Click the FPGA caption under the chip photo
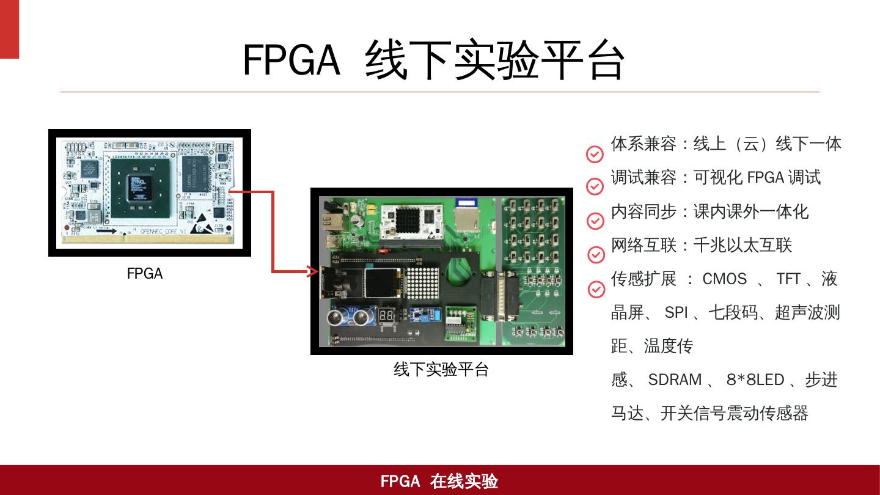[145, 274]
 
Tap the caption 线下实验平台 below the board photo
[441, 370]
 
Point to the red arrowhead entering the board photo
[313, 271]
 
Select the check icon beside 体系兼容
[595, 154]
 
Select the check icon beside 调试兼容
[595, 186]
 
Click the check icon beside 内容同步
[595, 220]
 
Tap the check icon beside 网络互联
[595, 254]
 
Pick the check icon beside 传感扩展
[596, 289]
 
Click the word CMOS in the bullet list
[724, 279]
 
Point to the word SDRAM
[675, 380]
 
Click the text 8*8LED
[755, 380]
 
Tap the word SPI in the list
[676, 313]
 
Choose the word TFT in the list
[788, 279]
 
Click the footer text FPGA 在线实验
[439, 482]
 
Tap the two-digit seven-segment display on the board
[386, 316]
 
